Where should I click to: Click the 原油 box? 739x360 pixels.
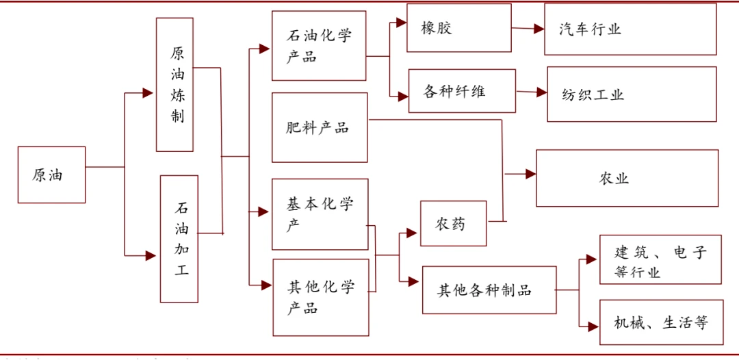[51, 175]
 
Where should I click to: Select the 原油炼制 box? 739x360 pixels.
[174, 84]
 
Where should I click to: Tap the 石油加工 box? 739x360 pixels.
[179, 239]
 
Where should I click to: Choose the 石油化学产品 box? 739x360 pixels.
[318, 46]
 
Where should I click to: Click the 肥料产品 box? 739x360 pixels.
[320, 127]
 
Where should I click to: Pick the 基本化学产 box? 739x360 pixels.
[320, 214]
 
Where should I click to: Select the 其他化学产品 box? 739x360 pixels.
[321, 297]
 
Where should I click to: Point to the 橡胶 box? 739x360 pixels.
[458, 28]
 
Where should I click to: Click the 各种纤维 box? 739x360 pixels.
[462, 91]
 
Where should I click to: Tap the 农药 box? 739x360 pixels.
[453, 223]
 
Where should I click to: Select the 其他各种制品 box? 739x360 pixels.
[489, 290]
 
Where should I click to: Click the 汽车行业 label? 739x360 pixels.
[590, 29]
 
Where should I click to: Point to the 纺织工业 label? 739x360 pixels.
[593, 94]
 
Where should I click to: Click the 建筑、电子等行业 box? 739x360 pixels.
[660, 259]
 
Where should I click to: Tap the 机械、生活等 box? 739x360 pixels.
[660, 322]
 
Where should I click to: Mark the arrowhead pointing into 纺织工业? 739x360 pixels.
[542, 92]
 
